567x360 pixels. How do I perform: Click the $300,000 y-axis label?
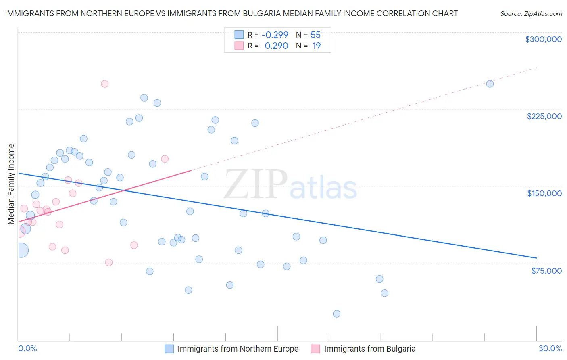coord(543,39)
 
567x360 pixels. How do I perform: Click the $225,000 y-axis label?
coord(544,116)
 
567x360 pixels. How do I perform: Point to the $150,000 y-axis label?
coord(544,193)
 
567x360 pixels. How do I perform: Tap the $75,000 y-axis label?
coord(546,271)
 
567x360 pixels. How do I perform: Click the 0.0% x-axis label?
coord(27,349)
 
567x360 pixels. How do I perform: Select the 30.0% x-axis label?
coord(550,349)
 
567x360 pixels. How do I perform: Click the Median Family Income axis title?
coord(11,184)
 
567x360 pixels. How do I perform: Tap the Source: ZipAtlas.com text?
coord(531,13)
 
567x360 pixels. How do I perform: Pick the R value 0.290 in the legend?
coord(276,46)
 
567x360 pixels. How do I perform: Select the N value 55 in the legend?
coord(315,35)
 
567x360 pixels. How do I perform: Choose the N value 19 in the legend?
coord(316,46)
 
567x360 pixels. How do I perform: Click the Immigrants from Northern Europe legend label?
coord(238,349)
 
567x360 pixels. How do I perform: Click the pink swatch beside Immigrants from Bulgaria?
coord(315,349)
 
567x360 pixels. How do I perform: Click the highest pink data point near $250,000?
coord(105,84)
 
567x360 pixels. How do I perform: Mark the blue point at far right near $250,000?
coord(490,84)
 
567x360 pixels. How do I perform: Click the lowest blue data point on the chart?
coord(337,314)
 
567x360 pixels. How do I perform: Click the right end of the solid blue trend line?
coord(536,257)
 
